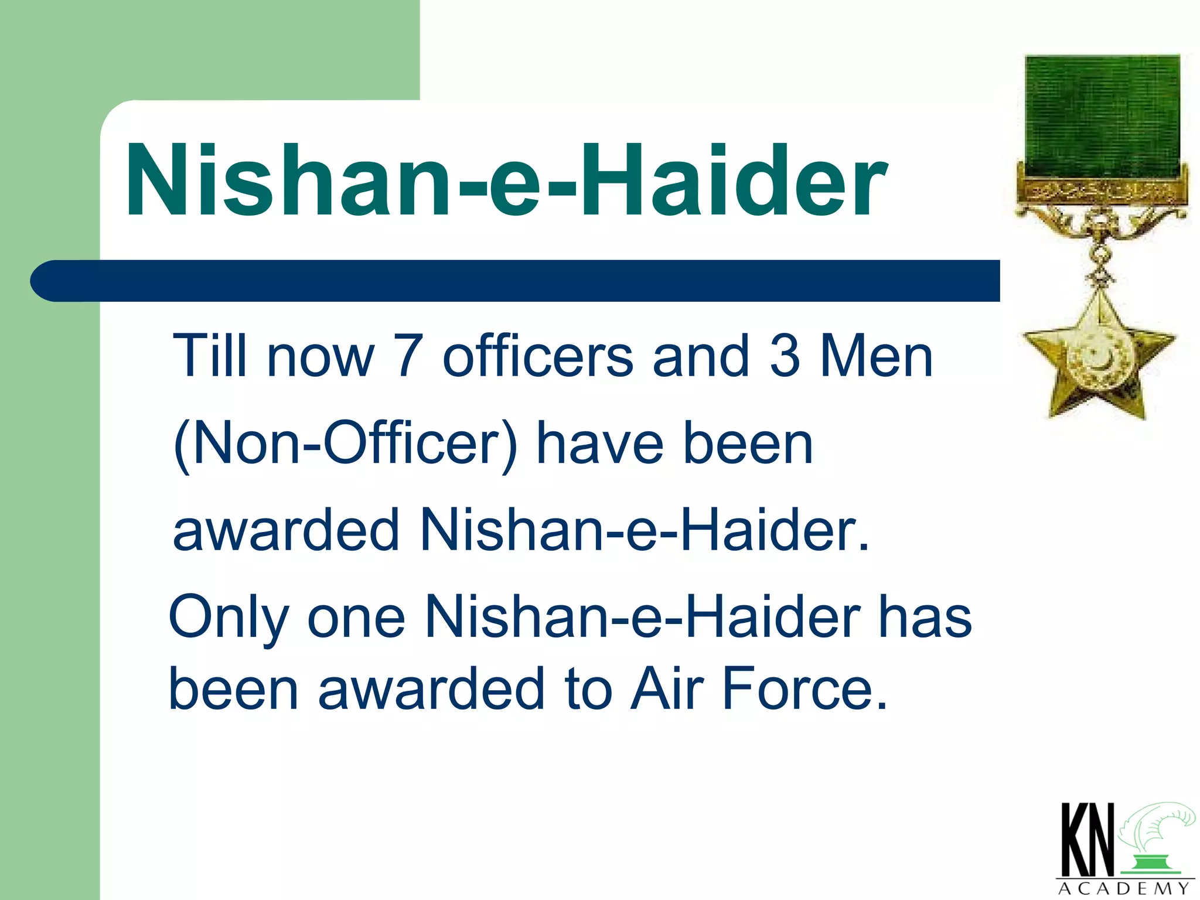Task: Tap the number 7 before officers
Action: (x=408, y=356)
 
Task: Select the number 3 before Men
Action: (x=785, y=356)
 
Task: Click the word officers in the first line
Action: (x=537, y=356)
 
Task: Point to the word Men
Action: (x=875, y=356)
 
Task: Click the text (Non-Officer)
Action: (x=346, y=444)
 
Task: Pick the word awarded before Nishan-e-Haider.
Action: (x=287, y=530)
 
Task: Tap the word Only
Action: (x=229, y=619)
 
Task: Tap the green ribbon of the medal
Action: (x=1102, y=114)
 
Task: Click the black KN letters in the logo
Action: (x=1087, y=840)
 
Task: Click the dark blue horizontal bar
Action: (x=516, y=281)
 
